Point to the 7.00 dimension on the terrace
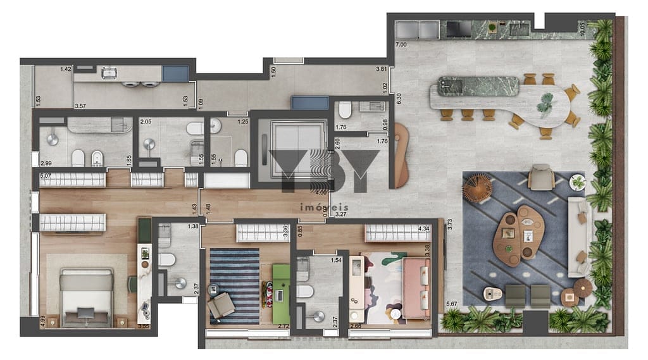pyautogui.click(x=401, y=45)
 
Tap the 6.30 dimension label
pyautogui.click(x=399, y=98)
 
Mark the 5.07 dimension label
pyautogui.click(x=45, y=177)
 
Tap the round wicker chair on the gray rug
pyautogui.click(x=477, y=188)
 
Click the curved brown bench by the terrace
pyautogui.click(x=402, y=155)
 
